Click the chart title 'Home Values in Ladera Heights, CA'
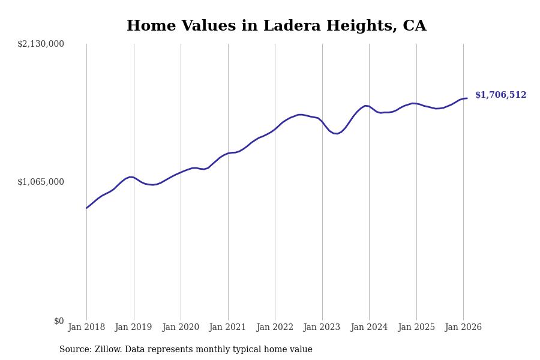(276, 26)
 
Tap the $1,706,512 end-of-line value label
(500, 95)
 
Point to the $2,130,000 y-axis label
(41, 44)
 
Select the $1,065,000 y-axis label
(41, 182)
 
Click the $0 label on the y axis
(59, 321)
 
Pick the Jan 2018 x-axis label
(86, 328)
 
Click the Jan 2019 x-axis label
(134, 328)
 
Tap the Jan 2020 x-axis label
(181, 328)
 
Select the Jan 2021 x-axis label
(228, 328)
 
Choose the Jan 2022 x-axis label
(275, 328)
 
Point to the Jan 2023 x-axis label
(322, 328)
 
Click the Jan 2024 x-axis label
(369, 328)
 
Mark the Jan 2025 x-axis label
(416, 328)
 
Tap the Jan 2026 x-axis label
(463, 328)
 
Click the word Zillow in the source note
(107, 350)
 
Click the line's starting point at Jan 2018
(86, 208)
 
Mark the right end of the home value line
(467, 98)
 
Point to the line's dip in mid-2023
(337, 134)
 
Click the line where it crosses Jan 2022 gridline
(275, 129)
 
